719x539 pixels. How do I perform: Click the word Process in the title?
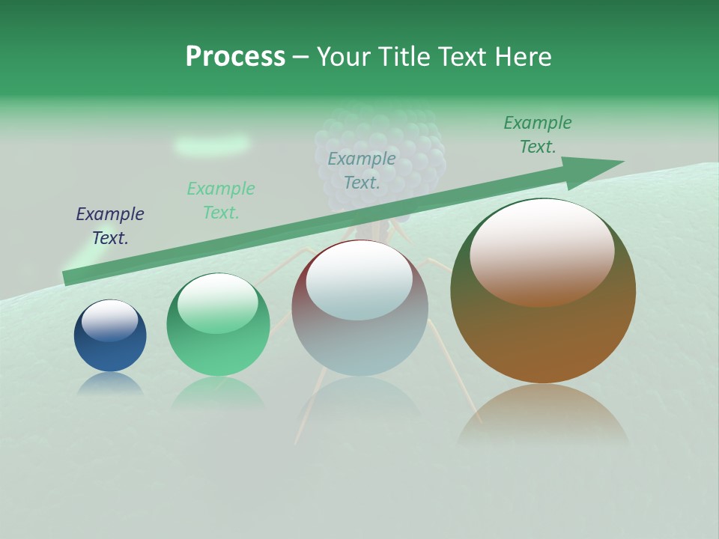[x=235, y=56]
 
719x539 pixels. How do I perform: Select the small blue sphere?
[x=110, y=337]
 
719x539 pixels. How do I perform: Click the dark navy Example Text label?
[x=110, y=226]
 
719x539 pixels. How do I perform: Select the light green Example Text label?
[x=221, y=201]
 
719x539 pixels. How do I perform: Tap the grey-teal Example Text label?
[x=362, y=170]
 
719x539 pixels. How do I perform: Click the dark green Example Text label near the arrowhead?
[x=538, y=135]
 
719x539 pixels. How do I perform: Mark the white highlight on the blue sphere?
[x=110, y=320]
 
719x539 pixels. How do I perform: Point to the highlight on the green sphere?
[x=218, y=303]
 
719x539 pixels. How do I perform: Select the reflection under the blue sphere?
[x=110, y=383]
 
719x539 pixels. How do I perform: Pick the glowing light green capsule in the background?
[x=212, y=144]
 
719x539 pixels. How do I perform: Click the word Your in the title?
[x=343, y=56]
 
